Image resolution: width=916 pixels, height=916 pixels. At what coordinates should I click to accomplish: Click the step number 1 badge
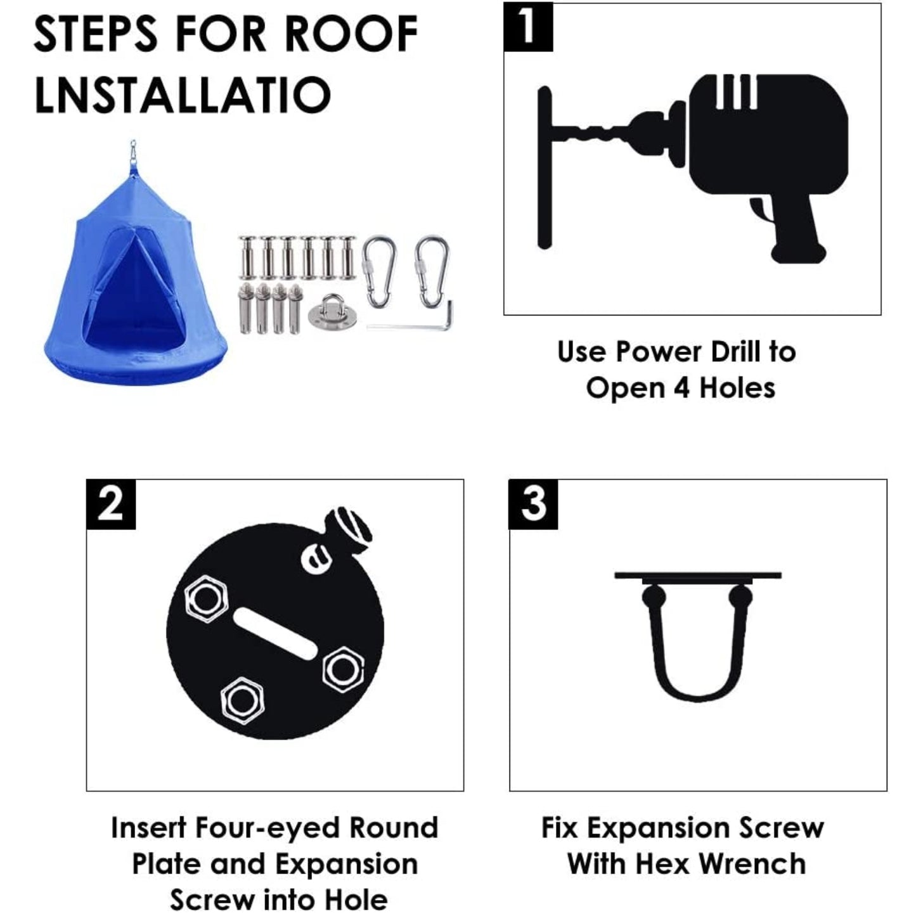(x=527, y=27)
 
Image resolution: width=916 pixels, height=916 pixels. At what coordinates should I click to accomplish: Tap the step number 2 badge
(x=111, y=504)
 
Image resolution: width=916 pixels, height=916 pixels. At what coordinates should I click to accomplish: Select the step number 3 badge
(x=533, y=504)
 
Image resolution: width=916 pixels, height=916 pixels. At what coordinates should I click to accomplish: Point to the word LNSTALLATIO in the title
(x=183, y=94)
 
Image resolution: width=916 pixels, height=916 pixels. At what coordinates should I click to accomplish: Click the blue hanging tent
(x=136, y=280)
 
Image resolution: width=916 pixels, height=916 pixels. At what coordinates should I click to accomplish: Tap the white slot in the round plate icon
(x=274, y=634)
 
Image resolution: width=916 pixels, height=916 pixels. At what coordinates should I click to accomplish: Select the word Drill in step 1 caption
(x=729, y=352)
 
